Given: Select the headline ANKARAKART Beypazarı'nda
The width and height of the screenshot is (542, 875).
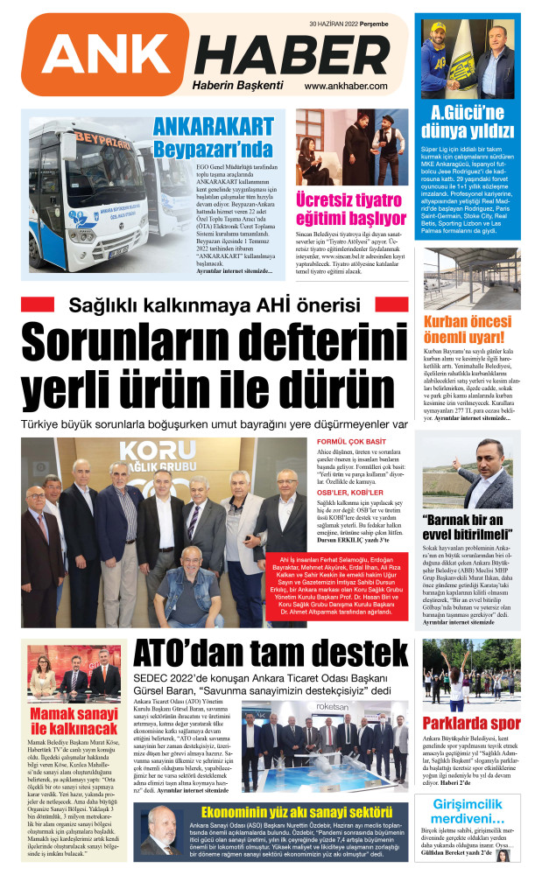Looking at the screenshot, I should coord(213,136).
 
